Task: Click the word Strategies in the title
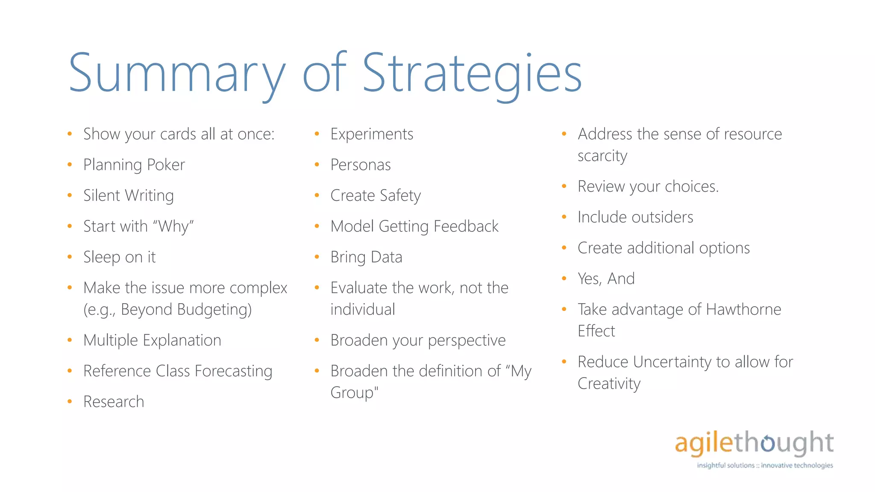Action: pyautogui.click(x=472, y=73)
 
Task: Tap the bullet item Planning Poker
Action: pyautogui.click(x=134, y=165)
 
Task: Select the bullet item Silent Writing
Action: pyautogui.click(x=128, y=196)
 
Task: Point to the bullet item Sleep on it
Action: pyautogui.click(x=119, y=257)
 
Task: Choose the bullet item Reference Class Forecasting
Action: pyautogui.click(x=177, y=371)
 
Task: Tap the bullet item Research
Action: pyautogui.click(x=114, y=402)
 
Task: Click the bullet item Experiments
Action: pyautogui.click(x=372, y=134)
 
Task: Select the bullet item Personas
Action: pyautogui.click(x=361, y=165)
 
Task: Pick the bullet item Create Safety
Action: pyautogui.click(x=376, y=196)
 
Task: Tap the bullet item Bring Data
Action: pyautogui.click(x=366, y=257)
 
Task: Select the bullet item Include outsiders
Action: pyautogui.click(x=635, y=217)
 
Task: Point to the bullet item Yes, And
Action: pyautogui.click(x=606, y=279)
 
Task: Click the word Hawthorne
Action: pyautogui.click(x=743, y=310)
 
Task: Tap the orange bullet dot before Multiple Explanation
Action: pyautogui.click(x=70, y=340)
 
